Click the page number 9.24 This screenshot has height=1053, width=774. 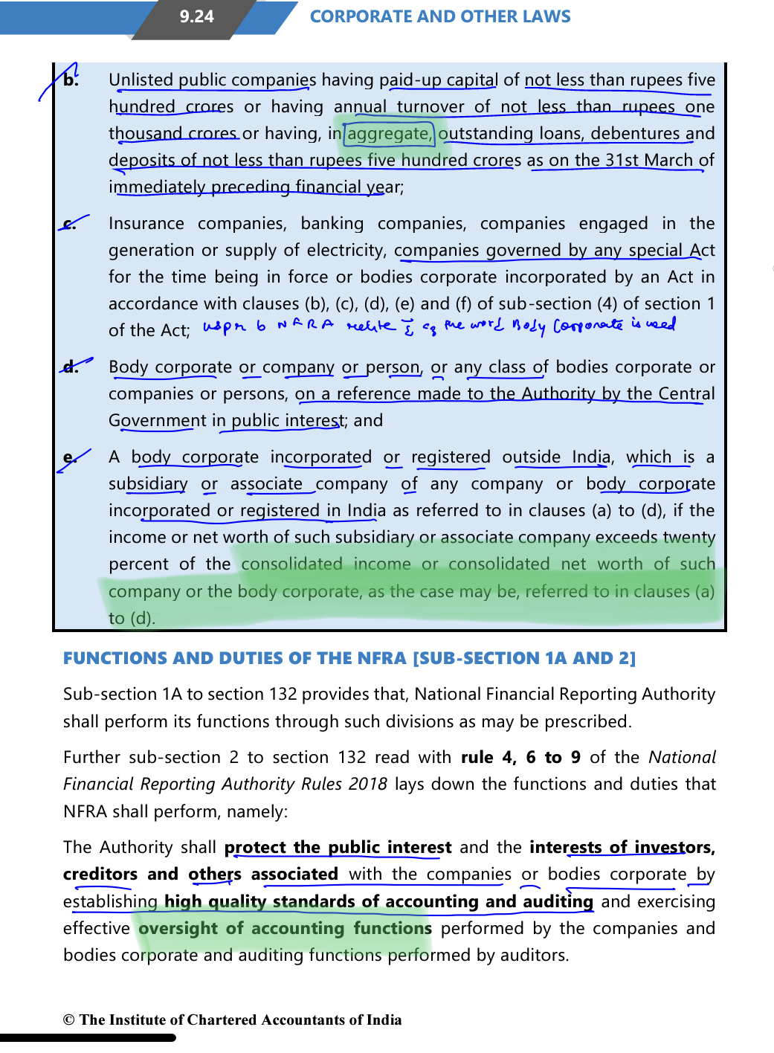pos(196,16)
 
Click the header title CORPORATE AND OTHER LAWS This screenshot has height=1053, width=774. pos(440,16)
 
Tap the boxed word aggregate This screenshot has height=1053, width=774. pos(388,134)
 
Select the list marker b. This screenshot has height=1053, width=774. pos(71,80)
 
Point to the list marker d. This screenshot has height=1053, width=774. pos(71,367)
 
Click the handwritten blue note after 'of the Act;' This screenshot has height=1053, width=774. pos(439,326)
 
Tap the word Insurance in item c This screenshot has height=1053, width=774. pos(146,224)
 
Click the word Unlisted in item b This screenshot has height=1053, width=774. pos(141,80)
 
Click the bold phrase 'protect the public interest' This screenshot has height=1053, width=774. pos(338,848)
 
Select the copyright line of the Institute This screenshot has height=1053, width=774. pos(232,1020)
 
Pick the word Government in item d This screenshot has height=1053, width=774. pos(158,421)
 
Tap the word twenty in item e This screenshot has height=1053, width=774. pos(690,538)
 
